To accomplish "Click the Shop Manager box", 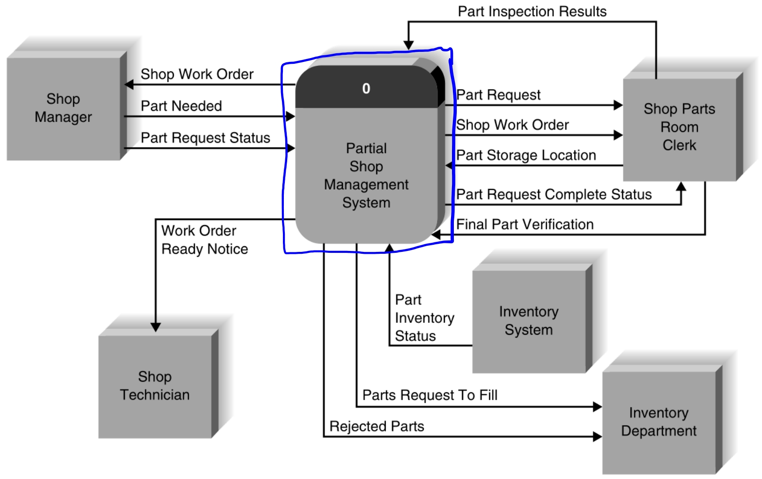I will [63, 108].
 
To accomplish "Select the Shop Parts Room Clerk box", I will [679, 128].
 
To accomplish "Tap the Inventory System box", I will [529, 321].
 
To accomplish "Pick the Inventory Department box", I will [659, 421].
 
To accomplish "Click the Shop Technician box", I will [155, 386].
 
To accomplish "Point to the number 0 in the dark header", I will [366, 89].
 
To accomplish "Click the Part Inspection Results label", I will [532, 11].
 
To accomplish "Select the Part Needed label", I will [181, 106].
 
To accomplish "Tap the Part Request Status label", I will [205, 138].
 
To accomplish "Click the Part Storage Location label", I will [526, 155].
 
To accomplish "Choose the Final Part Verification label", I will [525, 224].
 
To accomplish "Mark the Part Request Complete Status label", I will [554, 194].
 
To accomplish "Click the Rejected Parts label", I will [377, 426].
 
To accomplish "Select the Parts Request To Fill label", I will [430, 395].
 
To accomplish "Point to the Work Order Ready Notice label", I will [204, 240].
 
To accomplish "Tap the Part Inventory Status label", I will [424, 318].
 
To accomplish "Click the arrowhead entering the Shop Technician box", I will [156, 327].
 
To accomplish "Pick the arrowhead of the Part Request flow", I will [618, 105].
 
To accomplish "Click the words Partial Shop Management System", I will [366, 175].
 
